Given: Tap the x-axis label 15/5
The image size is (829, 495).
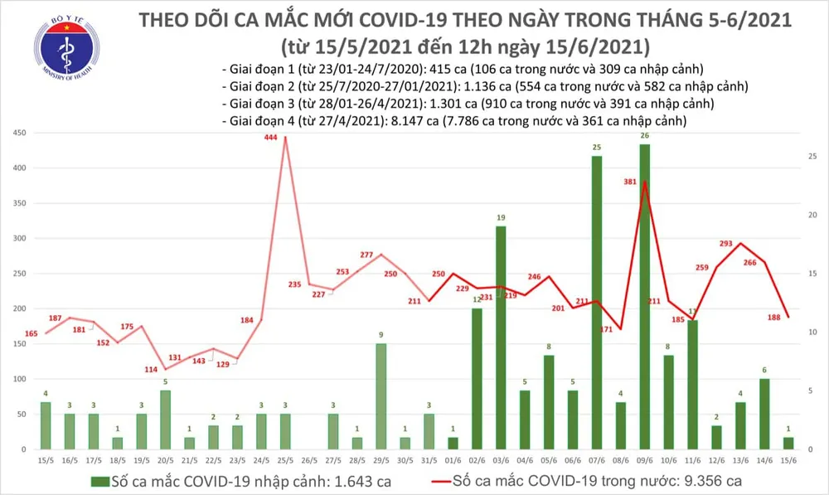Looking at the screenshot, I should pyautogui.click(x=45, y=460).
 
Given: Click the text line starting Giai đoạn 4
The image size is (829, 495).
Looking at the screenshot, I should pyautogui.click(x=455, y=121).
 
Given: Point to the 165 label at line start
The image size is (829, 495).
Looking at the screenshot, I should pyautogui.click(x=32, y=333).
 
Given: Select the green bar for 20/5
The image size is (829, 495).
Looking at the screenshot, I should pyautogui.click(x=165, y=419).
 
